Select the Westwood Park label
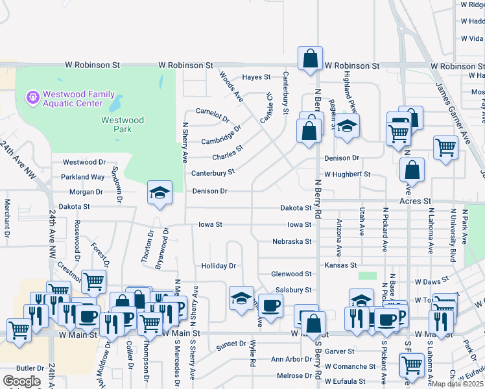point(122,124)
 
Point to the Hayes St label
point(256,77)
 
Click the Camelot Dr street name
point(213,115)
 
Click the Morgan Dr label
point(90,192)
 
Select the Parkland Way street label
point(83,177)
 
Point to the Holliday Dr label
point(219,266)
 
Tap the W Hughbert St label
point(347,174)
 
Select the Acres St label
point(415,202)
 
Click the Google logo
point(21,381)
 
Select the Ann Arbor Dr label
point(291,359)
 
